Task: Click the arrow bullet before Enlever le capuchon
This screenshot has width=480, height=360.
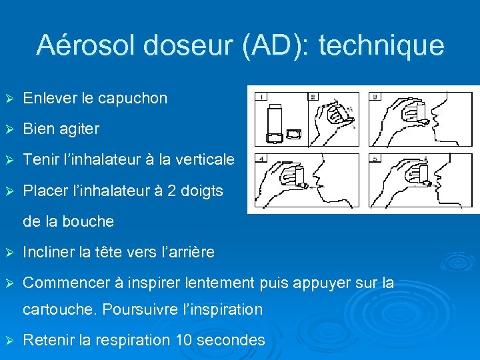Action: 9,99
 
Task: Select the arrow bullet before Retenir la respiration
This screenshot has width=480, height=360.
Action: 9,340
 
